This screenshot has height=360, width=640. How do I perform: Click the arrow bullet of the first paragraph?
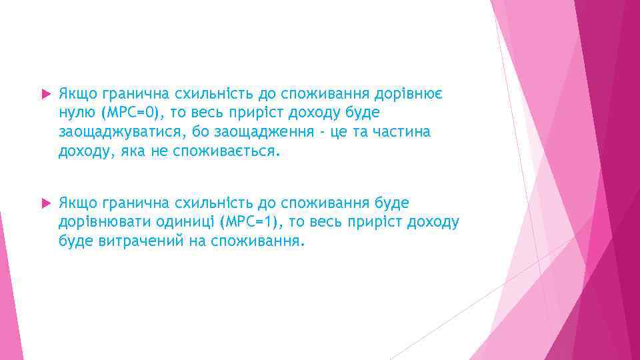(45, 94)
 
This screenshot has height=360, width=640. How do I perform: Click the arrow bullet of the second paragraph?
(45, 202)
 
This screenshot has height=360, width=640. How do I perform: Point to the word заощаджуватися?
(115, 132)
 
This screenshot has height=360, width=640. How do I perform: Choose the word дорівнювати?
(98, 221)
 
